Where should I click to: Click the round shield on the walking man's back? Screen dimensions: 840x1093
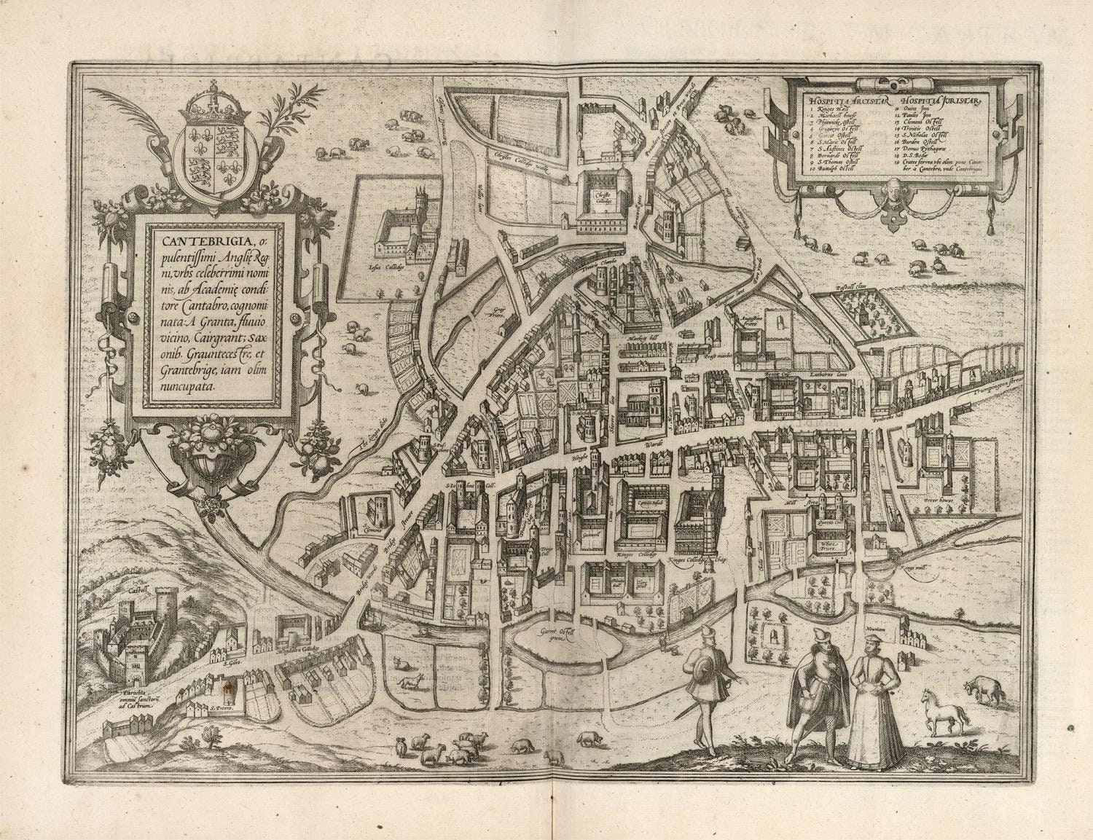703,669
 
